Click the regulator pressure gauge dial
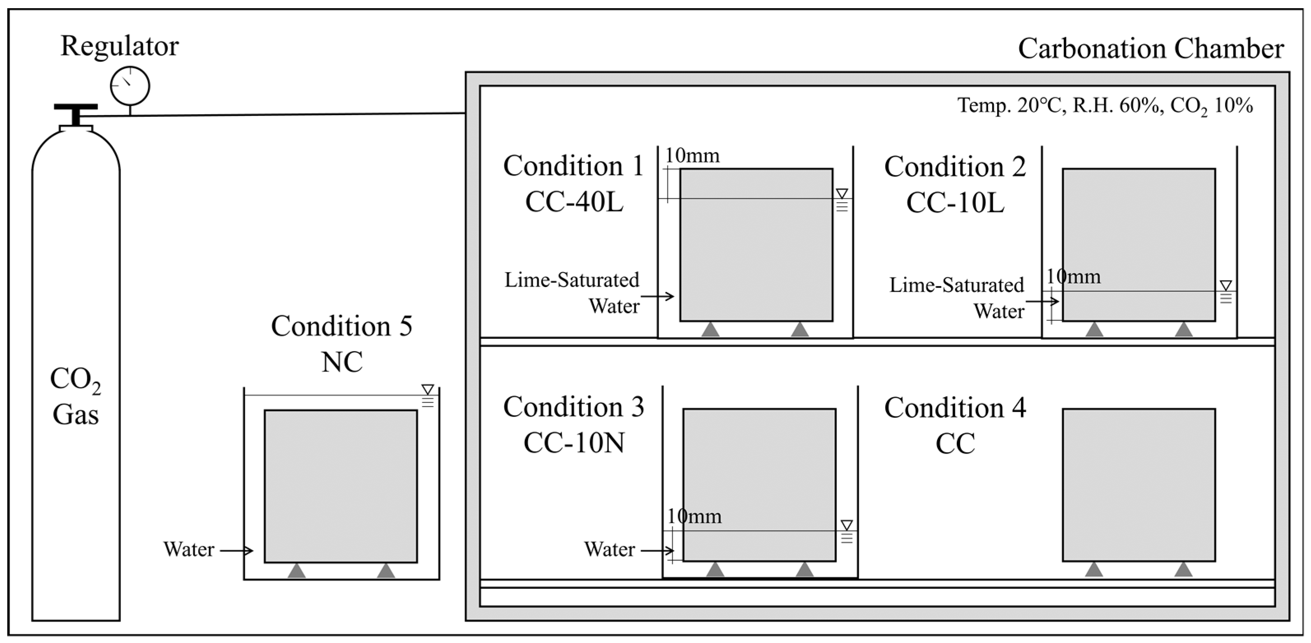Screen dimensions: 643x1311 point(130,86)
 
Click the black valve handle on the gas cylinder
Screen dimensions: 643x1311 point(76,108)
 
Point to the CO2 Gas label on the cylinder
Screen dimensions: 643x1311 point(75,396)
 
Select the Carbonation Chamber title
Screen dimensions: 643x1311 point(1150,49)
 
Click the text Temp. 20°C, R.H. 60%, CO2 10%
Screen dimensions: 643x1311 point(1105,106)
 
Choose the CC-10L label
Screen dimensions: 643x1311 point(955,202)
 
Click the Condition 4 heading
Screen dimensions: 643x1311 point(955,407)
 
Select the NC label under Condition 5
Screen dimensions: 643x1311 point(341,362)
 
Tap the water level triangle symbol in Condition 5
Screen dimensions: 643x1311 point(427,390)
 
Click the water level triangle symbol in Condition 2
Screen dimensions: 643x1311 point(1225,285)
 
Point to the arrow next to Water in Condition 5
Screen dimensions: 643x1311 point(236,550)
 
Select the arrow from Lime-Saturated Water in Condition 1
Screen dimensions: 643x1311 point(657,296)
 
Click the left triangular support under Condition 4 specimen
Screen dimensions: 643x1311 point(1094,569)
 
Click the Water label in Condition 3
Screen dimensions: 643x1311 point(609,549)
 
